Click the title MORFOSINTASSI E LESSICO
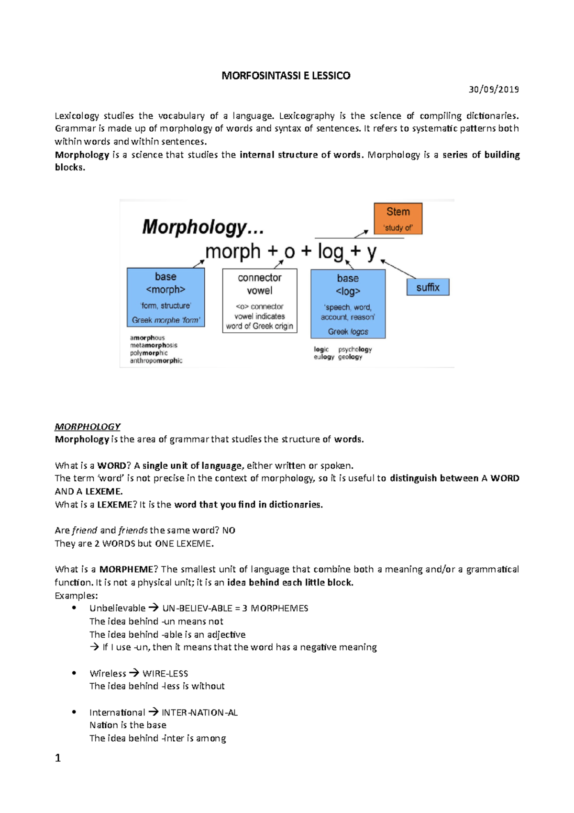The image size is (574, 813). [x=286, y=76]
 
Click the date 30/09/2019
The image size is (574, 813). [x=494, y=90]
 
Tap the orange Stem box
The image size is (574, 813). [x=397, y=218]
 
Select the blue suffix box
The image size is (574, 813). [x=428, y=287]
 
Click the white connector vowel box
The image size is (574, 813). [x=259, y=301]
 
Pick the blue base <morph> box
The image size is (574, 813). [x=166, y=297]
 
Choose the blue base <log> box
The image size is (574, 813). [x=348, y=304]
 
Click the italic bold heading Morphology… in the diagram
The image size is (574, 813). [x=203, y=227]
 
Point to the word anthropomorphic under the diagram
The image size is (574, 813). [x=156, y=361]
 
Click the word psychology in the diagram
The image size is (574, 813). [x=355, y=350]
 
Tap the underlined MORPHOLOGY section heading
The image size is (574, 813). [x=88, y=427]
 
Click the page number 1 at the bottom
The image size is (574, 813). [x=58, y=758]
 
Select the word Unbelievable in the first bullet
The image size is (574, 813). [x=117, y=609]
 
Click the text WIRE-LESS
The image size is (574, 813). [x=165, y=674]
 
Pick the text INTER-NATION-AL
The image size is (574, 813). [x=199, y=713]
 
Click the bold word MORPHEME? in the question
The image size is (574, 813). [x=128, y=570]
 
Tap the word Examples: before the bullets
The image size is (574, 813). [x=76, y=596]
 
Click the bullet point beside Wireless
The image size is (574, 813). [x=74, y=673]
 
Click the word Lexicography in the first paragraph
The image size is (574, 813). [x=307, y=116]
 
